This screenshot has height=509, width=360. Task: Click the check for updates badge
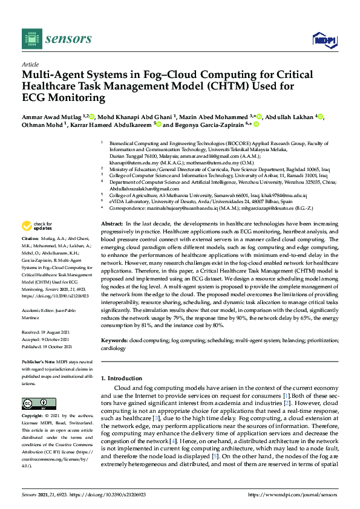(37, 226)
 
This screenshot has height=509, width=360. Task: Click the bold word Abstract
(113, 224)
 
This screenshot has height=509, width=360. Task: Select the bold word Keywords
(114, 341)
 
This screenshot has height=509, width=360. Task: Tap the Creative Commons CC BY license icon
(34, 403)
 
